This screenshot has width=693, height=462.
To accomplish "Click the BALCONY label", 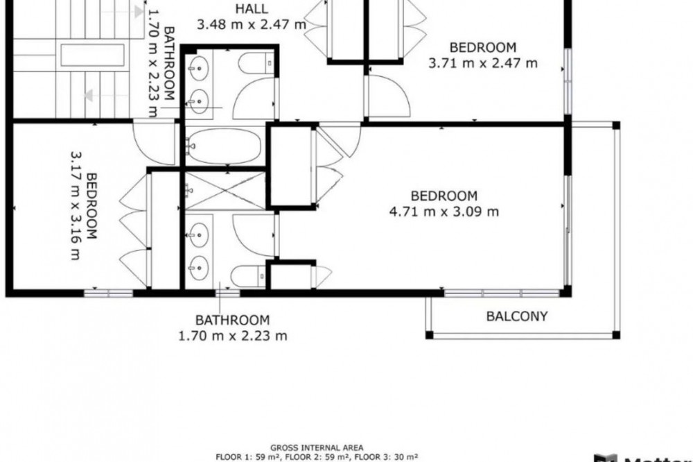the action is point(517,316).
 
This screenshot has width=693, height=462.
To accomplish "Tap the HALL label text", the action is point(252,8).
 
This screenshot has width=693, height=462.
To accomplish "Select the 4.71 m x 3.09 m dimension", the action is point(444,212).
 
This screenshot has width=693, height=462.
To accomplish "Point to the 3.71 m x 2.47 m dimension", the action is point(482,63).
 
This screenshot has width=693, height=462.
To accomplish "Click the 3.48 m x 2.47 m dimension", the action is point(252,24).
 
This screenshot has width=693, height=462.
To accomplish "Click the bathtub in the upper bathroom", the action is point(223,146).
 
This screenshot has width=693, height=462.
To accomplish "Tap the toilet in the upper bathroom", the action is point(256,63).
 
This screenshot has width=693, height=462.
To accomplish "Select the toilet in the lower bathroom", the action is point(248,276).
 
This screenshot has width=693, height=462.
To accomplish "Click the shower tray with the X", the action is point(225,191).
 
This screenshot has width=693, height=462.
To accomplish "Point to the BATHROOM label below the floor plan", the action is point(232,320).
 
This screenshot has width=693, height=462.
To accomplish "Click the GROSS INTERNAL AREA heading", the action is point(317,447).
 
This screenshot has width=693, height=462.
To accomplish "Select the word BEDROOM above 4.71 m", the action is point(444,196).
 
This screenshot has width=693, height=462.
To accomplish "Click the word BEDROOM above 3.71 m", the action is point(482,47).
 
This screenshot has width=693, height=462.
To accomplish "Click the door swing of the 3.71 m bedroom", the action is point(389,96).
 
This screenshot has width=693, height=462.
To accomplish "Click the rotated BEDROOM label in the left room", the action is point(91,206).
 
